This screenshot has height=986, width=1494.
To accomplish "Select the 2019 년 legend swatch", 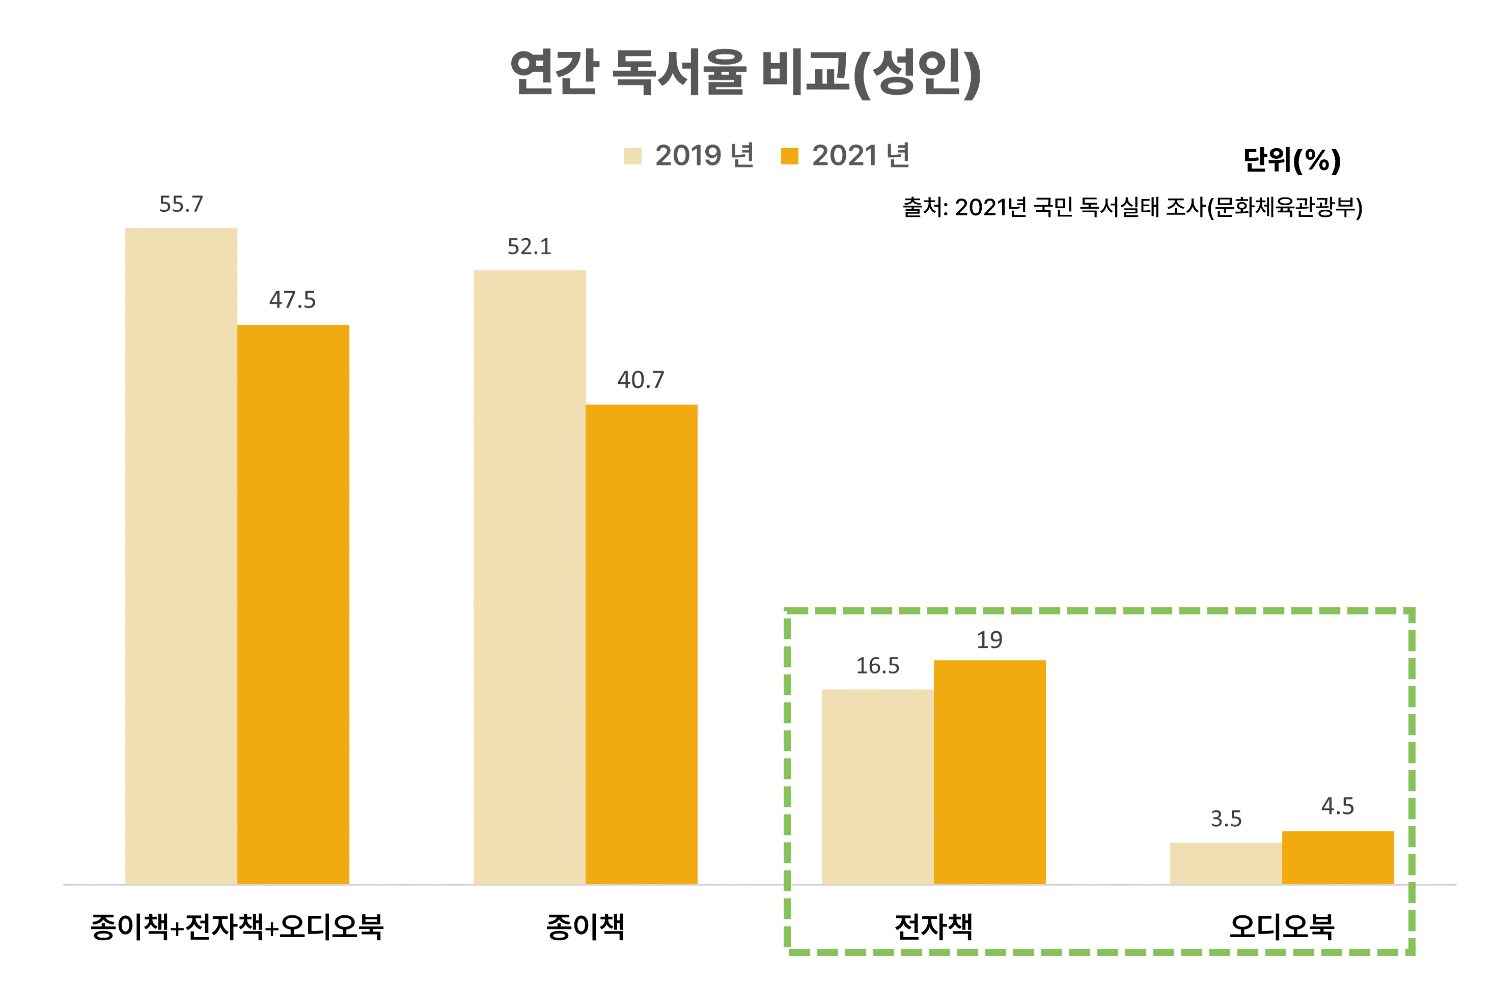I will tap(632, 156).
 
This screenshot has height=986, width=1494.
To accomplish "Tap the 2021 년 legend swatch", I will tap(789, 156).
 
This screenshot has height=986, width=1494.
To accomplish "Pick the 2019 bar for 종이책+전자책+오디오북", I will tap(181, 556).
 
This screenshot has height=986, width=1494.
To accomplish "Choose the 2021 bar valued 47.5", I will tap(293, 604).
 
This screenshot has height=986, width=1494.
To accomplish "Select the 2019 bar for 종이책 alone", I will tap(530, 577).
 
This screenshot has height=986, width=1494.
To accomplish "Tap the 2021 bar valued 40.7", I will tap(642, 644).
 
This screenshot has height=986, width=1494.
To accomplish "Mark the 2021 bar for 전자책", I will tap(989, 772).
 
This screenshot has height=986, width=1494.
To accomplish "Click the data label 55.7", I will tap(181, 204).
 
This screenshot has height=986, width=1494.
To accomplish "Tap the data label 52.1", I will tap(530, 246).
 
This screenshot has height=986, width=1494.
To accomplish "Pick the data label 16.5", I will tap(877, 666).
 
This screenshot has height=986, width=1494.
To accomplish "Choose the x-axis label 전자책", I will tap(933, 927).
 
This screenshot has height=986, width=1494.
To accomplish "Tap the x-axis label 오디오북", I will tap(1282, 927).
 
